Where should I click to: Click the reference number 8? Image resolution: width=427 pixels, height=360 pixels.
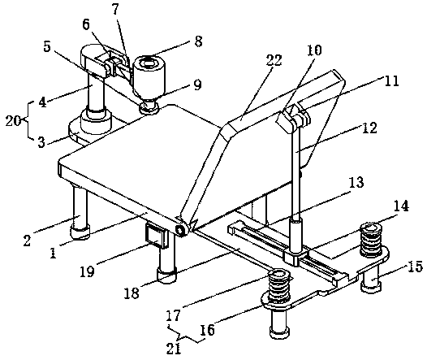199,41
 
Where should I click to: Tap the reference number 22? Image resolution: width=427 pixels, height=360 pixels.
274,60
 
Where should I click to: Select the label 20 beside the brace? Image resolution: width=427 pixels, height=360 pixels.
13,121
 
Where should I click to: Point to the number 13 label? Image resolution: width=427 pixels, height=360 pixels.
356,182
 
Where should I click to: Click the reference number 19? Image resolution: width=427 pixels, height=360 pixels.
87,271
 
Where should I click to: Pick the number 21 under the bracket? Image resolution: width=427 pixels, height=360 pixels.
174,349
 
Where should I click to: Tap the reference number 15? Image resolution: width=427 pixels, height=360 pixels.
415,267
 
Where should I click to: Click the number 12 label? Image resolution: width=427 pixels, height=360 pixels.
369,128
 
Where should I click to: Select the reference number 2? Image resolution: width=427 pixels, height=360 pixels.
27,241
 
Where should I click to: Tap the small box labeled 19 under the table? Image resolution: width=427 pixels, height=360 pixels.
157,236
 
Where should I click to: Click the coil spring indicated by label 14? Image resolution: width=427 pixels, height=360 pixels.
370,240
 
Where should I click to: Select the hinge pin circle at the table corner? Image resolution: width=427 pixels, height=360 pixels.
180,231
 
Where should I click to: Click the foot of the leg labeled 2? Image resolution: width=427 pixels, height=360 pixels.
80,232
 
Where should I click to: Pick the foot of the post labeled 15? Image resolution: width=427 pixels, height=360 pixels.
371,288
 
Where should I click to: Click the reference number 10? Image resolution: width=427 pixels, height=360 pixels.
314,50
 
